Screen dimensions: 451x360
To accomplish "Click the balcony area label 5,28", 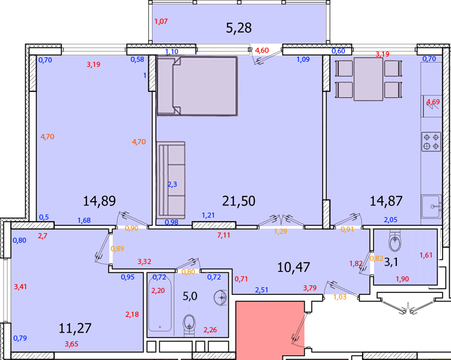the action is tap(239, 28).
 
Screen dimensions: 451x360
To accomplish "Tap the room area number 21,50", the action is tap(239, 201).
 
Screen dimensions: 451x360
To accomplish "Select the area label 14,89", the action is tap(99, 201).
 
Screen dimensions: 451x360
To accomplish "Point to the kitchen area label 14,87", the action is tap(386, 201).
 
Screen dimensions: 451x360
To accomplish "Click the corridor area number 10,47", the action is tap(294, 267).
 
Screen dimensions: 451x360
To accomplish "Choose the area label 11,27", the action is tap(75, 328).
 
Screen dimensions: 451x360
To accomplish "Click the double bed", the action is tap(198, 86).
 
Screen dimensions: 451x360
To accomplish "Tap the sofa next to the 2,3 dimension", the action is tap(171, 180).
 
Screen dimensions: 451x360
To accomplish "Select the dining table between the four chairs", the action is tap(369, 79).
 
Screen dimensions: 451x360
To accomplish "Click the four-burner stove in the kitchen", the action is tap(432, 142).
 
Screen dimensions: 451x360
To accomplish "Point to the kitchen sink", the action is tap(432, 207).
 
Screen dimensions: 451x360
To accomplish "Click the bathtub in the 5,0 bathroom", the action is tap(160, 305).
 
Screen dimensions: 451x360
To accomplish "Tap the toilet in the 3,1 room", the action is tap(395, 241).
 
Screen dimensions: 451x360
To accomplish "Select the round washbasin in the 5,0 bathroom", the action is tap(220, 298).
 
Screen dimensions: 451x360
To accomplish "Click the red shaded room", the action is tap(270, 329).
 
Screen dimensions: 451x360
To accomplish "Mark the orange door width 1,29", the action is tap(280, 231).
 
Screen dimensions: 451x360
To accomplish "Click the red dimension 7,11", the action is tap(224, 235).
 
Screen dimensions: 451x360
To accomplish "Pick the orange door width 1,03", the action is tap(340, 297).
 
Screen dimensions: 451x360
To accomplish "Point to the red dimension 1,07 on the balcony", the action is tap(161, 21).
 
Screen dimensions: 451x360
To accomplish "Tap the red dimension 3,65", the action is tap(72, 344).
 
